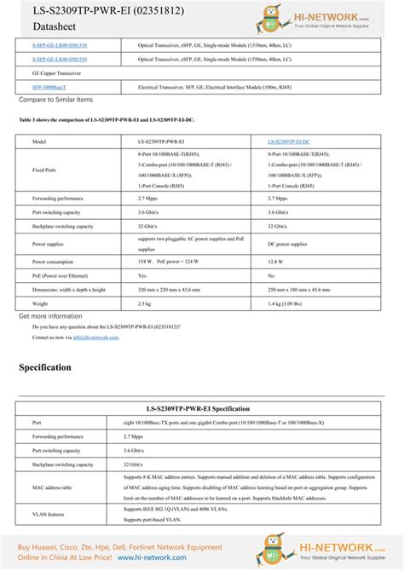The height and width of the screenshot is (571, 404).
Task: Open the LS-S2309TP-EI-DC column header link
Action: (289, 140)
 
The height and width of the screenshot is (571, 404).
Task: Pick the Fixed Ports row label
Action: (44, 170)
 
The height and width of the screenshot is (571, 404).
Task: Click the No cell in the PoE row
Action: (271, 275)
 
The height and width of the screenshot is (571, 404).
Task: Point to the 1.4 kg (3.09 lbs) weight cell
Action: (291, 303)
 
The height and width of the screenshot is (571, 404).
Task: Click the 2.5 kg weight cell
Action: (144, 303)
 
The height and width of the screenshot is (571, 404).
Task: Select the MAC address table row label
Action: (52, 487)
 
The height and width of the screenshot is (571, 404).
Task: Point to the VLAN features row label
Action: (49, 514)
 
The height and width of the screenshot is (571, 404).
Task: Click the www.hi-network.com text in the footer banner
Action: (152, 557)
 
